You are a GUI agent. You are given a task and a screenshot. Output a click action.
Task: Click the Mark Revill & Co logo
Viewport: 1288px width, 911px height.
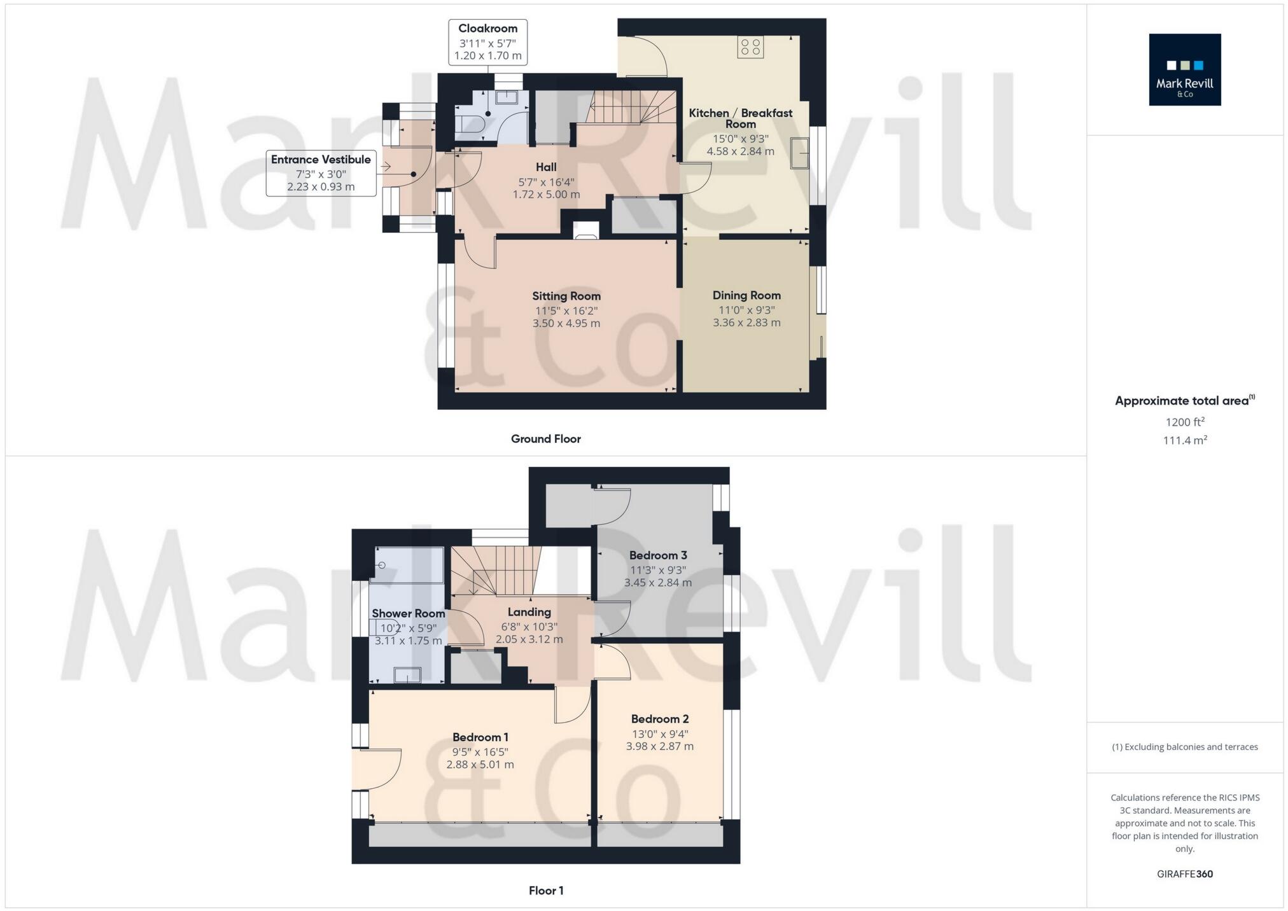[1184, 69]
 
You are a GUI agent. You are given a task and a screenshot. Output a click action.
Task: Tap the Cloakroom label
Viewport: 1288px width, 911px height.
[487, 29]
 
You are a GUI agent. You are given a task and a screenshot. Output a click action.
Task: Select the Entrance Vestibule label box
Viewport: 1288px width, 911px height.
[321, 172]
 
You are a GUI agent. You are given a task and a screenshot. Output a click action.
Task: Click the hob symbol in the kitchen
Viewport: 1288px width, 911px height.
[750, 47]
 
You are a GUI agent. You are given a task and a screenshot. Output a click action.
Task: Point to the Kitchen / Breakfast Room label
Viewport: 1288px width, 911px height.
[740, 118]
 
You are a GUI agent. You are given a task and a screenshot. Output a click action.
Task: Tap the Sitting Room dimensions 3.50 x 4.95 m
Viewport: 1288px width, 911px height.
[566, 323]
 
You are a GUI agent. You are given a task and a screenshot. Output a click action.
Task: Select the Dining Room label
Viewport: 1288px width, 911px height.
[746, 295]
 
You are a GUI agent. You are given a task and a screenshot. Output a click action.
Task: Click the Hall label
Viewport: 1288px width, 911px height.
[545, 167]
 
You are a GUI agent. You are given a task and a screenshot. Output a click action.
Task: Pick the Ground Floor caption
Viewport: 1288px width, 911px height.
[545, 439]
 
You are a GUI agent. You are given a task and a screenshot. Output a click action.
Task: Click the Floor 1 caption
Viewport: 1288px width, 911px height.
[545, 891]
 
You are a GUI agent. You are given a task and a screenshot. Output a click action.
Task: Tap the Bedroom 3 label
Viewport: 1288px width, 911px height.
[657, 555]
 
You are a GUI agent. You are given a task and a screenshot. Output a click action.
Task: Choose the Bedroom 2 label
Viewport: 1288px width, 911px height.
[659, 719]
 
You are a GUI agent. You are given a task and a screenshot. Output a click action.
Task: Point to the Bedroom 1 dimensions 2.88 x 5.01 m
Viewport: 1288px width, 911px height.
[480, 765]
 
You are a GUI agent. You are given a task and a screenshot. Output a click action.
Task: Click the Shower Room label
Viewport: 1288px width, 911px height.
[408, 613]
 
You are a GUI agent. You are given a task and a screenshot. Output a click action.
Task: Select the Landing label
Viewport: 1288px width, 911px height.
[529, 612]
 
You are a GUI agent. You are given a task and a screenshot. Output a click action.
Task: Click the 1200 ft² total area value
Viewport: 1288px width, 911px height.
[1184, 422]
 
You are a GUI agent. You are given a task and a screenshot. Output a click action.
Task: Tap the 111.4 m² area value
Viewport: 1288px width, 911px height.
[1184, 440]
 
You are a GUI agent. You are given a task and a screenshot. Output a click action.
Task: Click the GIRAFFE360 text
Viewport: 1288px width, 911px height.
[1184, 874]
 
